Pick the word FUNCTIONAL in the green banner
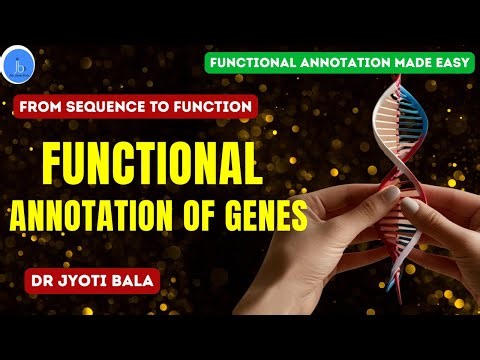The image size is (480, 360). coord(252,61)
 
